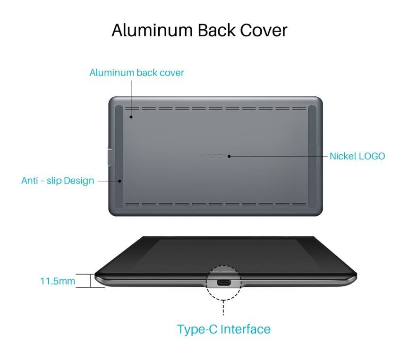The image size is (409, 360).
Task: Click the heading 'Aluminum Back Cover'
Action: [x=199, y=30]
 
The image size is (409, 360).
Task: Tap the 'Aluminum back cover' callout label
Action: [x=136, y=73]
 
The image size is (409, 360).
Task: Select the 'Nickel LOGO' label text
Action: [x=357, y=156]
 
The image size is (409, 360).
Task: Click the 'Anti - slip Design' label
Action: [x=58, y=180]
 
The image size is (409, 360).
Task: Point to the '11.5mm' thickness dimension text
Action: [x=58, y=281]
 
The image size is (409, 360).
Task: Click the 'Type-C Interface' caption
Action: [x=224, y=329]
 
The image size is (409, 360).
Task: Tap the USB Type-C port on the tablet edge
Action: [x=223, y=283]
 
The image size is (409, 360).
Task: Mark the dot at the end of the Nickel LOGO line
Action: [x=229, y=156]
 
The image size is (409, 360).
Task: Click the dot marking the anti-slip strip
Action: [x=120, y=181]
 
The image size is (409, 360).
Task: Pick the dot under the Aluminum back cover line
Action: [x=132, y=117]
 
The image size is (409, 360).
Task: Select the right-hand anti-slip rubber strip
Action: [x=312, y=156]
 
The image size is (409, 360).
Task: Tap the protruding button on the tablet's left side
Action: [x=108, y=157]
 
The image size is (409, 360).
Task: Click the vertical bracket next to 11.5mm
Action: [x=90, y=281]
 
